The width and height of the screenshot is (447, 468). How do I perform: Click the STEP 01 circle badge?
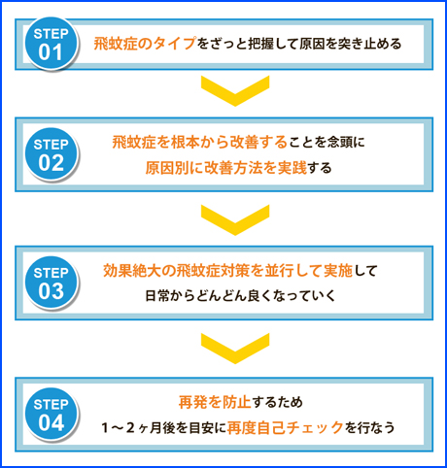pyautogui.click(x=52, y=44)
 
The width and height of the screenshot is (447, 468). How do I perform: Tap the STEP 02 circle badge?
pyautogui.click(x=52, y=153)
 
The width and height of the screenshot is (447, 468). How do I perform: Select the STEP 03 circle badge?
pyautogui.click(x=52, y=283)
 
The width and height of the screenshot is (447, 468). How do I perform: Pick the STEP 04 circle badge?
pyautogui.click(x=52, y=414)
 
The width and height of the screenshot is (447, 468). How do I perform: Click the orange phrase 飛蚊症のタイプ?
pyautogui.click(x=145, y=44)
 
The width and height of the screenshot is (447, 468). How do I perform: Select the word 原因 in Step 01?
pyautogui.click(x=312, y=44)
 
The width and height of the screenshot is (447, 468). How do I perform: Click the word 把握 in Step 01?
pyautogui.click(x=260, y=44)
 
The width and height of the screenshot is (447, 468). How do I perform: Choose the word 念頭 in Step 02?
pyautogui.click(x=340, y=142)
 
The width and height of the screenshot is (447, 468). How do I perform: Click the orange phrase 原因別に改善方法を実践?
pyautogui.click(x=225, y=168)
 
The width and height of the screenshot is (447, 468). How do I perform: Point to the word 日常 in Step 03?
pyautogui.click(x=157, y=296)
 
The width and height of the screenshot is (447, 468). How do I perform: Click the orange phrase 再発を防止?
pyautogui.click(x=215, y=402)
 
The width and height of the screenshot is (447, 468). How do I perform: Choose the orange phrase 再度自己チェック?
pyautogui.click(x=285, y=428)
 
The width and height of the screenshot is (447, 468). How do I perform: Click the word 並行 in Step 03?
pyautogui.click(x=279, y=271)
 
